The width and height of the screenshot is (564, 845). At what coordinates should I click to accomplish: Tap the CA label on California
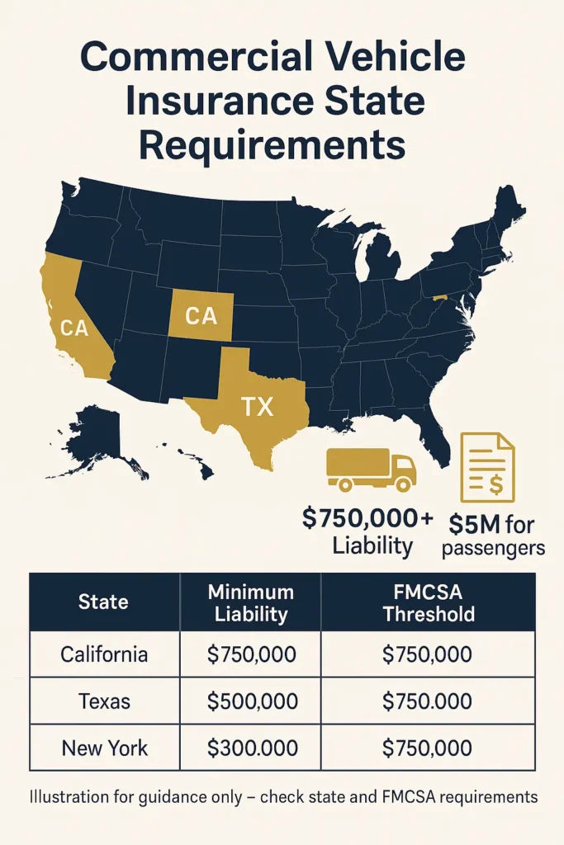[x=74, y=328]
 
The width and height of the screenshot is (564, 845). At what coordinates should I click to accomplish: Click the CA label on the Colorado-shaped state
[x=201, y=315]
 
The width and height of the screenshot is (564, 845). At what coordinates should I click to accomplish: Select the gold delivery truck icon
[x=372, y=470]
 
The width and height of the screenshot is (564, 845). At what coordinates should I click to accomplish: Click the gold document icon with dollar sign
[x=487, y=466]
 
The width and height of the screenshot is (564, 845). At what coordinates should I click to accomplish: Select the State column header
[x=103, y=602]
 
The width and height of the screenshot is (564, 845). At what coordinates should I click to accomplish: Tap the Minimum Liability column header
[x=250, y=602]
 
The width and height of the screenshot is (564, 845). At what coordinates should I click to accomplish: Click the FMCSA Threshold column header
[x=428, y=602]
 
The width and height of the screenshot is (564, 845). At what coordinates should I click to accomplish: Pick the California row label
[x=104, y=655]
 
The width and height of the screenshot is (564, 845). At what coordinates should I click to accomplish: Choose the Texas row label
[x=104, y=701]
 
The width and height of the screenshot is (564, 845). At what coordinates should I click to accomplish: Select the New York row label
[x=104, y=748]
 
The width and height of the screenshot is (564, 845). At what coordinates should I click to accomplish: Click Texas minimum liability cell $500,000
[x=250, y=701]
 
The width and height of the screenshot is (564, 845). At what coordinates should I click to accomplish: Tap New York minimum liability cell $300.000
[x=250, y=748]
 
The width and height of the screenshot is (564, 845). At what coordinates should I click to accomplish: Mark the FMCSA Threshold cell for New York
[x=428, y=748]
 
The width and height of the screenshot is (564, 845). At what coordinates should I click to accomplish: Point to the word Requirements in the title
[x=272, y=145]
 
